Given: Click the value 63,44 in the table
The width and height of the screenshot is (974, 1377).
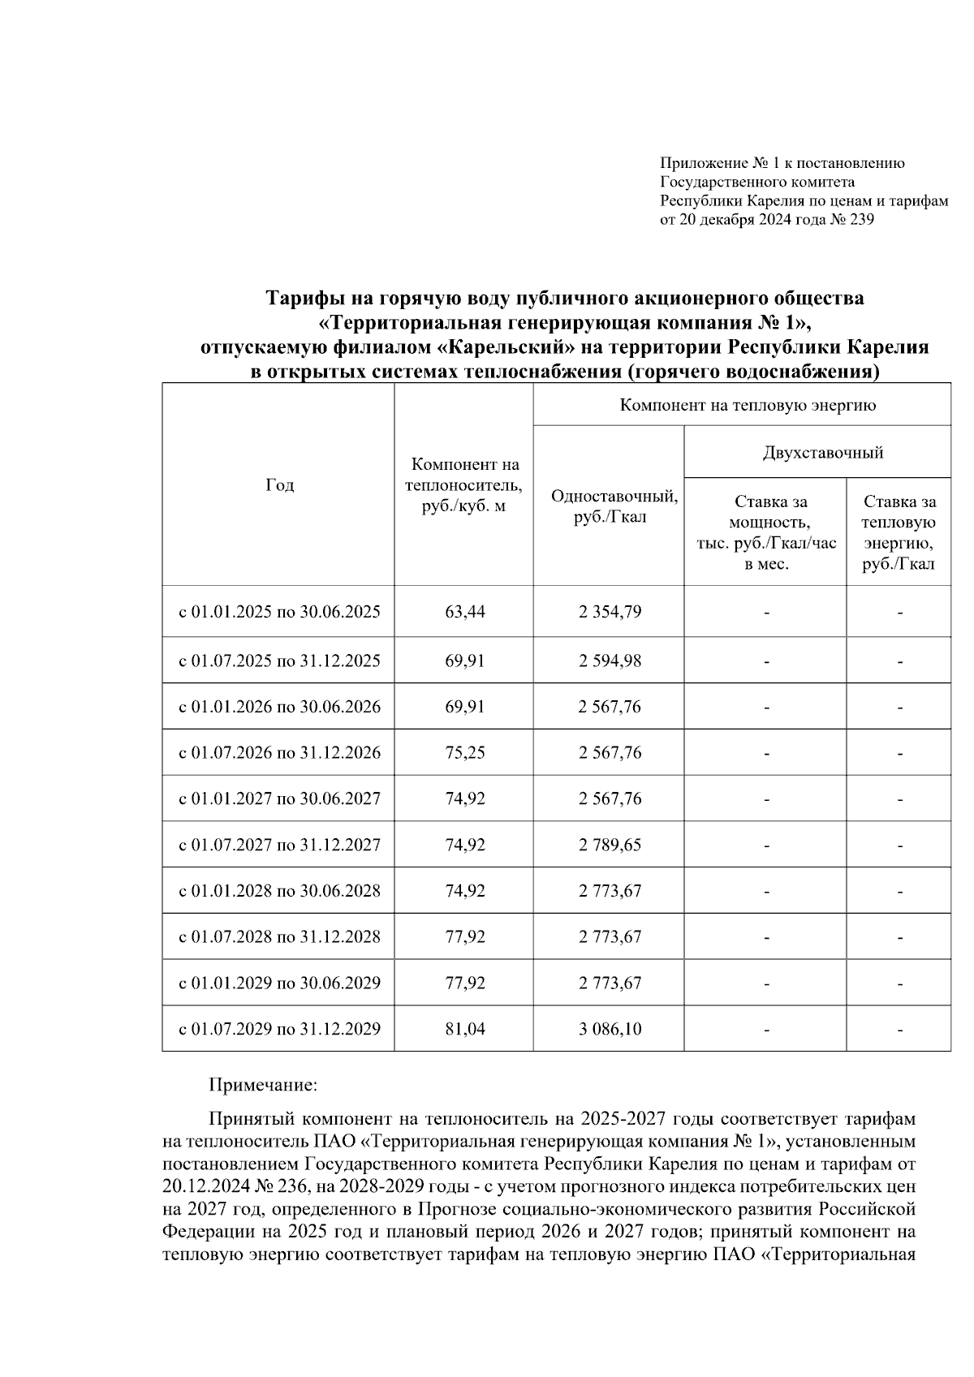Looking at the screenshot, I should coord(464,612).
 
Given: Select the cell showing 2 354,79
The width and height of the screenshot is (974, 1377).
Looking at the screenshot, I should coord(609,612).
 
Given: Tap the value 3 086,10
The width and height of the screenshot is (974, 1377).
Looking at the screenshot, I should coord(609,1029).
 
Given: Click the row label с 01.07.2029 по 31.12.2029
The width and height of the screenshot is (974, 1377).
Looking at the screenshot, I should coord(279,1029).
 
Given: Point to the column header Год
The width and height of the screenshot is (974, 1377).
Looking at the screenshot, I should coord(279,484).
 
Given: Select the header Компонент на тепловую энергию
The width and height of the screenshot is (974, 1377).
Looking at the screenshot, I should coord(747,405).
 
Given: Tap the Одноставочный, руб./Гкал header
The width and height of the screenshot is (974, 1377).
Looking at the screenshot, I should coord(614,506).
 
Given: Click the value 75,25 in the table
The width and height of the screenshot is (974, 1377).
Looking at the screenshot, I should coord(464,752).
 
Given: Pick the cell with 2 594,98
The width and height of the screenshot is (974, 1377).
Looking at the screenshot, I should coord(609,661).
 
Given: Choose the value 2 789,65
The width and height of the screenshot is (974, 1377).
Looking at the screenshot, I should coord(609,845).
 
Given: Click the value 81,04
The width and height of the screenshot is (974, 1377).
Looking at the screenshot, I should coord(464,1029).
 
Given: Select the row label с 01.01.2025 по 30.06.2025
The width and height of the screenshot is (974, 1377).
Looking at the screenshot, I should coord(279,612).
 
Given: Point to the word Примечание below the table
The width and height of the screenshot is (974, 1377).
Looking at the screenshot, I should coord(262,1084).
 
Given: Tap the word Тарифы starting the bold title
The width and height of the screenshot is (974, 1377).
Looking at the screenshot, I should coord(301,298).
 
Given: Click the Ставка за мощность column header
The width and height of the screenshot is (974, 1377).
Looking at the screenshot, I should coord(766,532).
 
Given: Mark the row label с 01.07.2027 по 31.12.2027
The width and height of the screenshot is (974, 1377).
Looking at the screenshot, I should coord(279,845).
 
